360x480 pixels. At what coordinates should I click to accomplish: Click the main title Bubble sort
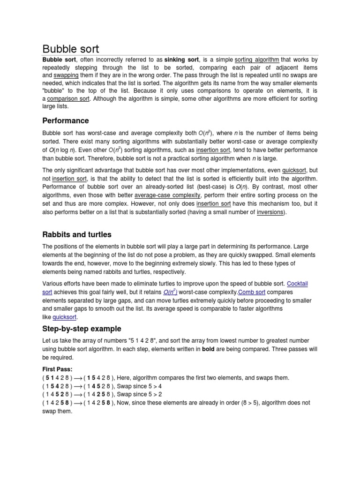point(71,49)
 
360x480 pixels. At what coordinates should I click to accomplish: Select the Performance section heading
point(66,120)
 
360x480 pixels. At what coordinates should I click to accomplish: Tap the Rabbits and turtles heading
point(77,234)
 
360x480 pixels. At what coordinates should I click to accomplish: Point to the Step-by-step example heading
point(82,329)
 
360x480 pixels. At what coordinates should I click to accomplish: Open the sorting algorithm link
point(257,60)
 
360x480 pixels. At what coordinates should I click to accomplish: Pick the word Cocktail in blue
point(297,284)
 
